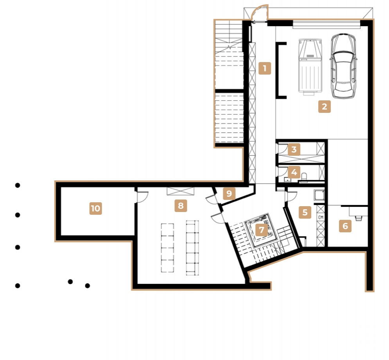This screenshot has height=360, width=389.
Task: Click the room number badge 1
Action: tap(265, 69)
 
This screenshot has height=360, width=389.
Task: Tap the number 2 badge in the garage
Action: tap(324, 106)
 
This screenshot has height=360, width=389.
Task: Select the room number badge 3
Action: tap(294, 149)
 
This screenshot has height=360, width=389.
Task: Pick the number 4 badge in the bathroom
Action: tap(294, 172)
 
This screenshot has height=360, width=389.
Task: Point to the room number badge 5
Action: tap(305, 212)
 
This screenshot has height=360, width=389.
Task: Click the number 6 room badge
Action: tap(345, 226)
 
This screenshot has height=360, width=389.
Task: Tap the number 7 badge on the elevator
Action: tap(261, 230)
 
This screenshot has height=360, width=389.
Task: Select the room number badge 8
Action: tap(180, 205)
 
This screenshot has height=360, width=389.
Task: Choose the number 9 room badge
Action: tap(229, 193)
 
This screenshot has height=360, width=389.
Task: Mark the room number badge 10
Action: tap(95, 209)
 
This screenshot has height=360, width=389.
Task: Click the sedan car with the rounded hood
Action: tap(344, 66)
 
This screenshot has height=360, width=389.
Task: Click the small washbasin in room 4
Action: tap(288, 180)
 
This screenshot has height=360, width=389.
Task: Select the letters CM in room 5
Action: tap(321, 217)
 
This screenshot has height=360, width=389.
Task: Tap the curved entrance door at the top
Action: tap(259, 12)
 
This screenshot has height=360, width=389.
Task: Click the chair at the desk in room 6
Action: tap(357, 217)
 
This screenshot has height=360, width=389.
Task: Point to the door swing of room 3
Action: tap(281, 148)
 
